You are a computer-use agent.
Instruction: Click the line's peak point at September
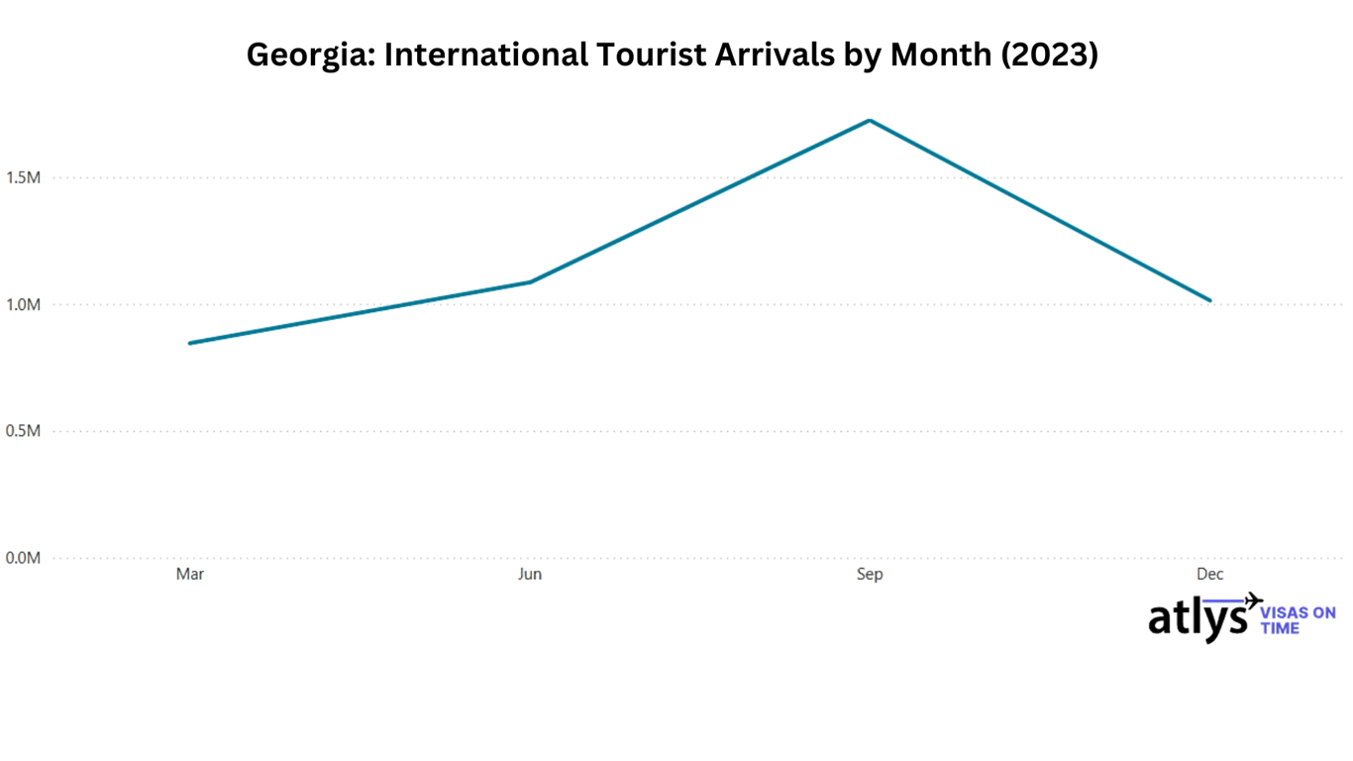pos(870,121)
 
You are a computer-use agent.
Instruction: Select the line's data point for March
pos(189,343)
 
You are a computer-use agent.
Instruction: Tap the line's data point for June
pos(530,282)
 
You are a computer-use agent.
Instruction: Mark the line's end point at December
pos(1209,300)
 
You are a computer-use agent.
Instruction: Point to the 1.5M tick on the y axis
pos(23,178)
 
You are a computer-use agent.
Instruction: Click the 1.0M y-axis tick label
pos(23,305)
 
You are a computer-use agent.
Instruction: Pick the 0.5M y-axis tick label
pos(23,432)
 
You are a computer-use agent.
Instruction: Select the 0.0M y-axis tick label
pos(23,558)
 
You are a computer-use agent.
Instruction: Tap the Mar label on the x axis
pos(189,575)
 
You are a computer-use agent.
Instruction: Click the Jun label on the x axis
pos(530,575)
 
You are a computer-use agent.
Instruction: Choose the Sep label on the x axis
pos(870,575)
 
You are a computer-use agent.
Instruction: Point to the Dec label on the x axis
pos(1209,575)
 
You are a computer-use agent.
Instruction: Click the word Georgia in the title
pos(310,55)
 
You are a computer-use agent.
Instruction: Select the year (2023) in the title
pos(1051,55)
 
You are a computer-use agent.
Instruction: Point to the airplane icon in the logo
pos(1253,600)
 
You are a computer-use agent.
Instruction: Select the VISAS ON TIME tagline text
pos(1298,620)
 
